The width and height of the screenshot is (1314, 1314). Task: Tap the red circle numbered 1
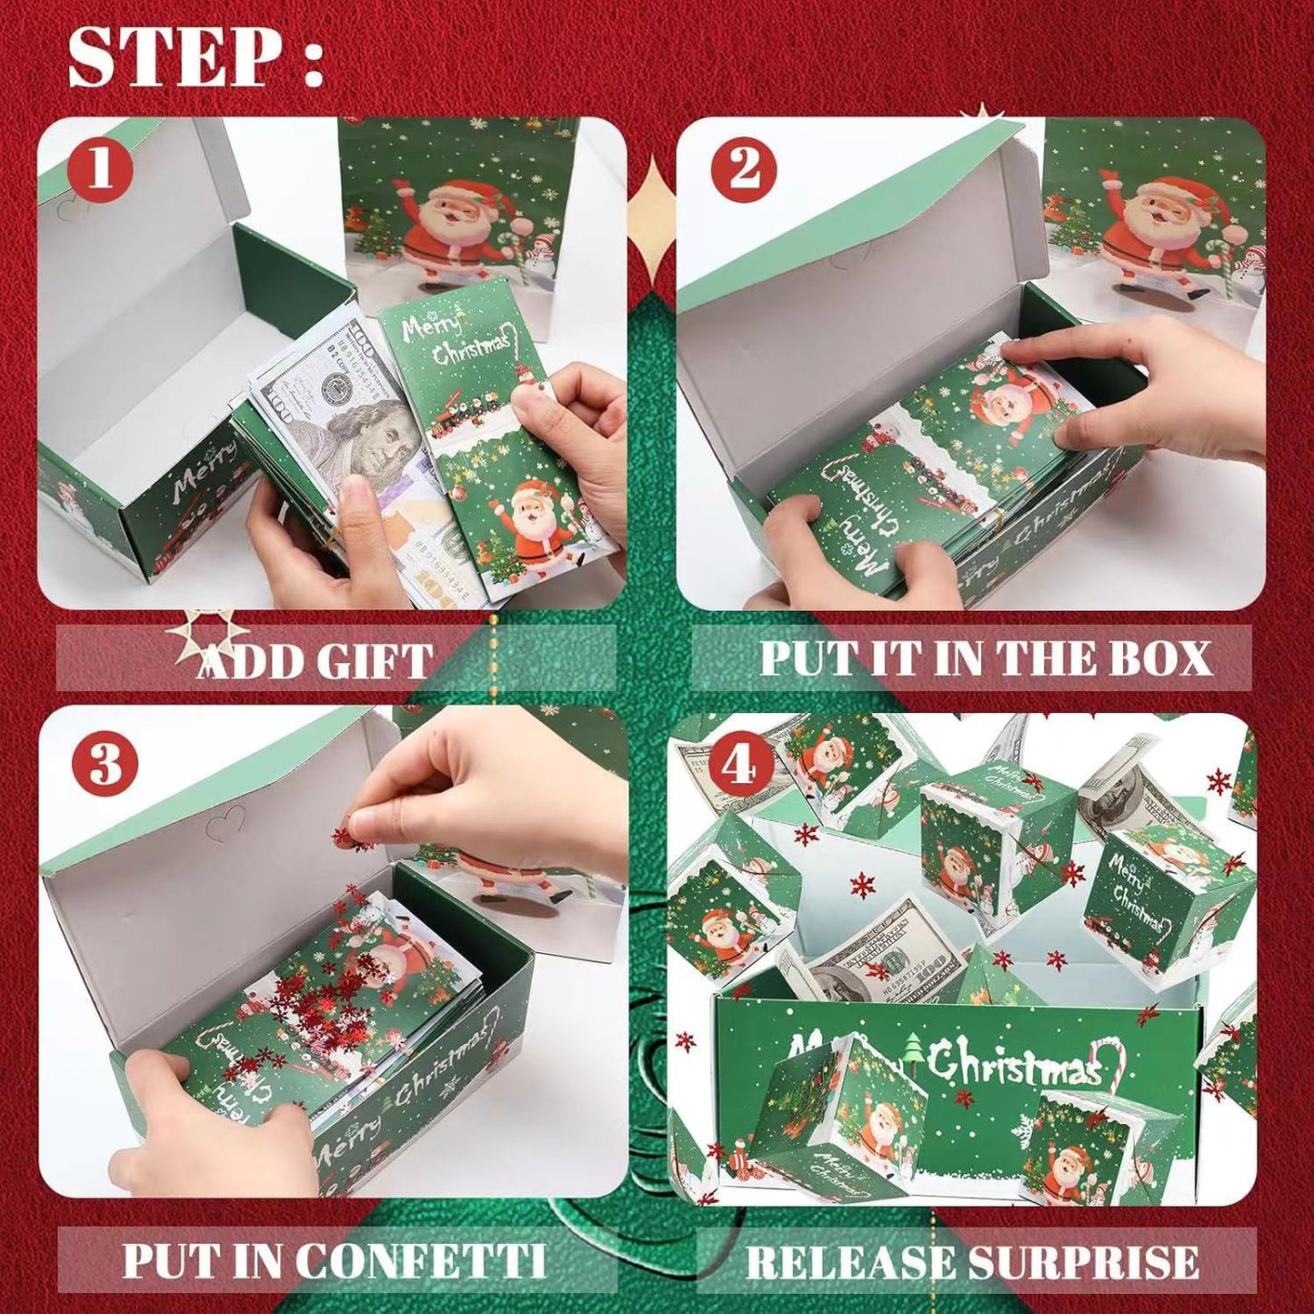click(x=99, y=169)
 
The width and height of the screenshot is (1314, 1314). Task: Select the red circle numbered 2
click(x=743, y=169)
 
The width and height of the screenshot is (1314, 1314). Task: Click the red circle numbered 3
click(x=105, y=764)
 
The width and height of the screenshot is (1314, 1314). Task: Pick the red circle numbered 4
click(x=738, y=766)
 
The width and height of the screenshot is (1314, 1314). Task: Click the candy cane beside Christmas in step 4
click(x=1114, y=1064)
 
